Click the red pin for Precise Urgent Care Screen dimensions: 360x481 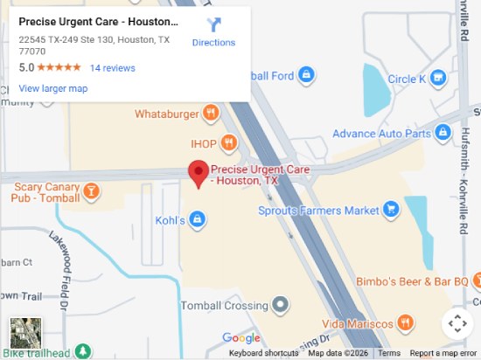(199, 172)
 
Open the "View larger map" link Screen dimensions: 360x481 (53, 88)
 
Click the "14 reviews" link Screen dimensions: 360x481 (112, 67)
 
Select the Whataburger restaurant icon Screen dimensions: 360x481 (210, 113)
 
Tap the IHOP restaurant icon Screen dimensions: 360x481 (228, 142)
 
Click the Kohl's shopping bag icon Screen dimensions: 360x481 (199, 219)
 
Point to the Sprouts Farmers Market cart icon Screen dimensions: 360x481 (391, 210)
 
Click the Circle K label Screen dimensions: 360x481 (406, 80)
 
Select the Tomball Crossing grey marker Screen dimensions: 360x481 (280, 305)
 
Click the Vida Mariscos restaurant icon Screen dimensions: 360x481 (404, 322)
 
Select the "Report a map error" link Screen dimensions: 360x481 (444, 354)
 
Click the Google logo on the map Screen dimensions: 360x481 (241, 338)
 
